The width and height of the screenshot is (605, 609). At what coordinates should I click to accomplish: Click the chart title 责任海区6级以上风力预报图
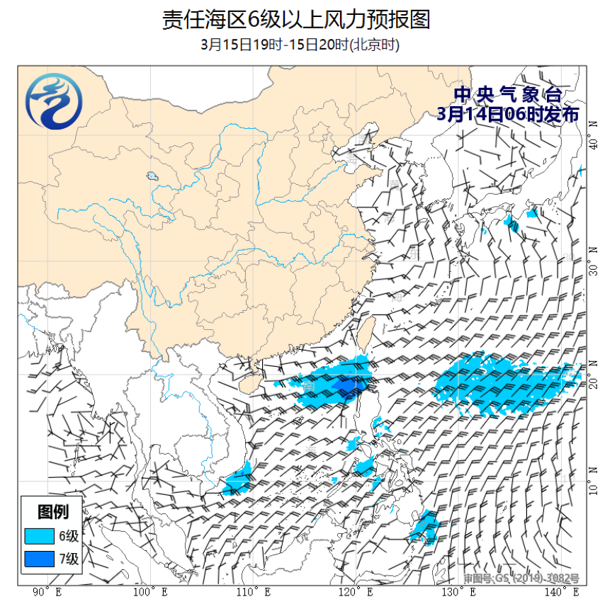pos(295,20)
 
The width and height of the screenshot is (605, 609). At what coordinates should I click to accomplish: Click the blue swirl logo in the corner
pos(53,103)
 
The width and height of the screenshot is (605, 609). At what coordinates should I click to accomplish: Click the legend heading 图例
pos(52,511)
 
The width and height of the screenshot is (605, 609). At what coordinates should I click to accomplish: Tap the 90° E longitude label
pos(47,592)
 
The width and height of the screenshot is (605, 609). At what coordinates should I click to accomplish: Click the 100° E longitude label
pos(150,592)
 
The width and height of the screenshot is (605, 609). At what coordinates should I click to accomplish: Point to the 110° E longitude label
pos(253,592)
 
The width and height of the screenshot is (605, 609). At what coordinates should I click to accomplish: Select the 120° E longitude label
pos(356,592)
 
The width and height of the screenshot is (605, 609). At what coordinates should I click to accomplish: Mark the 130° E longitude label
pos(458,592)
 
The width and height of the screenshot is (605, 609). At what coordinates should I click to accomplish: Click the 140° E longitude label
pos(561,592)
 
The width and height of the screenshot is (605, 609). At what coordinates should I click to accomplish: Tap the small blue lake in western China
pos(152,176)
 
